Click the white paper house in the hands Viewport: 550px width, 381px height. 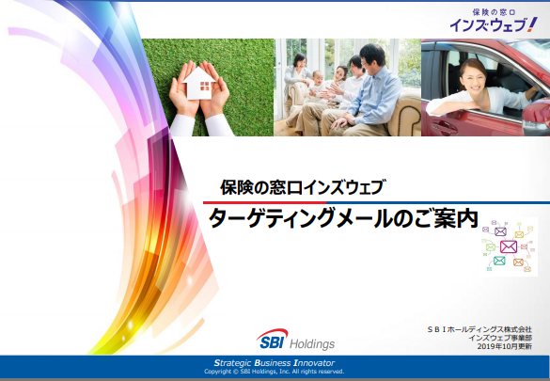click(198, 83)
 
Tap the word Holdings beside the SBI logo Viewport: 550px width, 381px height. click(312, 343)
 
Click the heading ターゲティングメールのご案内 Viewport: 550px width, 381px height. click(343, 218)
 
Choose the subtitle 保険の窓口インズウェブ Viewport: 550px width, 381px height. click(303, 187)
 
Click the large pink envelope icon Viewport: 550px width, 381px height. click(509, 246)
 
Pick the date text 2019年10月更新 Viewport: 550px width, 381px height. click(504, 346)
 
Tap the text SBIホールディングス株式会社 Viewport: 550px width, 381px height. click(479, 329)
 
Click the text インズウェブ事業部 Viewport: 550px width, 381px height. click(500, 338)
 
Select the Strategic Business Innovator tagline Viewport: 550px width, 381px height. click(275, 363)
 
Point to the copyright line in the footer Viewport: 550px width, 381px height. click(275, 372)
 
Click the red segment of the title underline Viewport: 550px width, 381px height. click(264, 202)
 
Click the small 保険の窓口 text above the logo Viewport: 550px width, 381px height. click(494, 12)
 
